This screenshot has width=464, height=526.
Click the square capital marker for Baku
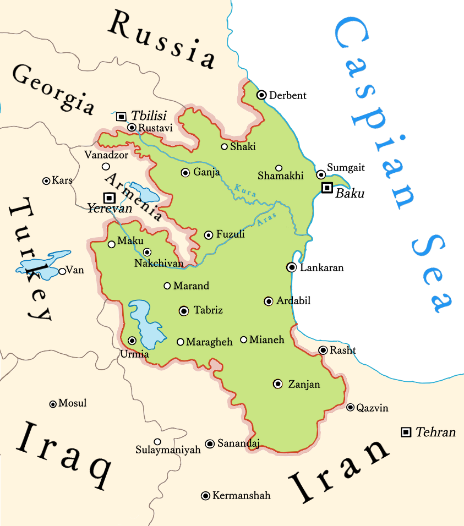click(x=327, y=188)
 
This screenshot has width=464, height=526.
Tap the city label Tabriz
click(x=208, y=310)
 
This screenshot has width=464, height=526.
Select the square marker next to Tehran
click(x=406, y=432)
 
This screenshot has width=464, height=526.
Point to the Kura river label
click(x=242, y=190)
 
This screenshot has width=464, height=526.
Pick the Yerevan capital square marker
click(x=109, y=197)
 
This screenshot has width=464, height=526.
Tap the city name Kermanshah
click(x=241, y=496)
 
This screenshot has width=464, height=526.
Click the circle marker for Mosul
click(x=53, y=404)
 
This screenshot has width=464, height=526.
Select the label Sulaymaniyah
click(x=168, y=450)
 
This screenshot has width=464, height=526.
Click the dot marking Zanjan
click(x=278, y=383)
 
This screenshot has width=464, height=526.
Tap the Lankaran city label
click(x=321, y=268)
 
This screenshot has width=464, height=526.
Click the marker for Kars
click(x=46, y=180)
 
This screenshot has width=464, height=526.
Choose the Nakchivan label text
click(x=159, y=264)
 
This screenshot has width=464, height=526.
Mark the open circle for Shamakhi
click(x=279, y=168)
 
